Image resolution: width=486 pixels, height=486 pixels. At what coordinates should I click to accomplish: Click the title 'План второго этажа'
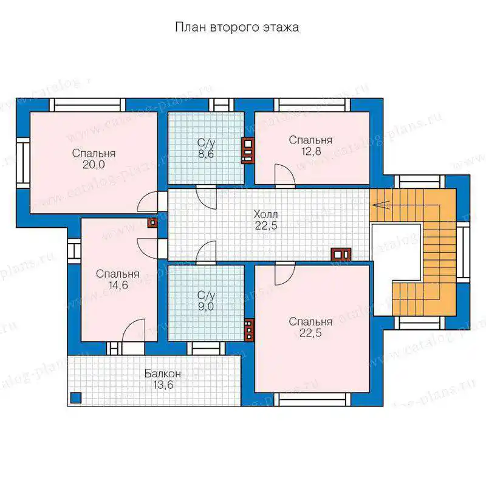click(237, 27)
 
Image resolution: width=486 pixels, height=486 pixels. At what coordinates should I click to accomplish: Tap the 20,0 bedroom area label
click(94, 165)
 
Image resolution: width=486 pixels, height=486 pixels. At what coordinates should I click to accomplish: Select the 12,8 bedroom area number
click(311, 151)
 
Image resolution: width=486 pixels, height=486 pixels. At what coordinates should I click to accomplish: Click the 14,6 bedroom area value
click(118, 285)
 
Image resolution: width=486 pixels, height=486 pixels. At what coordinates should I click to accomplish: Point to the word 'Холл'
click(265, 214)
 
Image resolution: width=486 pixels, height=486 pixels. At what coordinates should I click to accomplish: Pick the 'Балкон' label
click(163, 374)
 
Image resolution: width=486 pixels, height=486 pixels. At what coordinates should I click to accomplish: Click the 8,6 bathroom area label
click(206, 154)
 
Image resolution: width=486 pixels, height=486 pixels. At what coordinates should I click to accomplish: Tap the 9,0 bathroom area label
click(206, 307)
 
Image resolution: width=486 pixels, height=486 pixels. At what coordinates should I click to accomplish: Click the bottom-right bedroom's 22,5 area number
click(310, 333)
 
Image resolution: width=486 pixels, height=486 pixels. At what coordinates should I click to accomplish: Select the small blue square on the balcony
click(75, 398)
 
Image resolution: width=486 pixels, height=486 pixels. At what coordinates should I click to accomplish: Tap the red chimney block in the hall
click(341, 255)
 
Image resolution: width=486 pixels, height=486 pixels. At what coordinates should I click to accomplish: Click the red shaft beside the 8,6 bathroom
click(248, 150)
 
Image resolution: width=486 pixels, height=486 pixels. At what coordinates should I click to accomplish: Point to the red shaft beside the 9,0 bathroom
click(249, 330)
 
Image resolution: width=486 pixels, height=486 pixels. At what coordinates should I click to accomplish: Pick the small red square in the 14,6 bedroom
click(152, 222)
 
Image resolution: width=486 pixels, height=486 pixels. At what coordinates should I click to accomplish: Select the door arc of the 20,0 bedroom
click(148, 202)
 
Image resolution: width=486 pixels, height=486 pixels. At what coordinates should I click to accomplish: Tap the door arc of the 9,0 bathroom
click(206, 253)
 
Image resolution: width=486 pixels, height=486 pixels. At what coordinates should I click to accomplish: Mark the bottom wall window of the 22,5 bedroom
click(314, 400)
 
